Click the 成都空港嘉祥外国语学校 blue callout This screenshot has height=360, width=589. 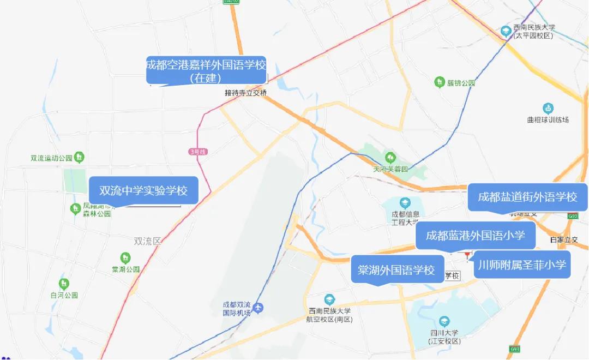point(207,71)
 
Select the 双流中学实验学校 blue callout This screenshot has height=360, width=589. point(143,191)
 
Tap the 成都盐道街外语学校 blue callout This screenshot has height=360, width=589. point(527,197)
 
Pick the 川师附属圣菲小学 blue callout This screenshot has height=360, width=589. point(522,265)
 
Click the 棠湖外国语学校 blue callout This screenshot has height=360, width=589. point(396,269)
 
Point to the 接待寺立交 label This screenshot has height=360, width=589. point(246,93)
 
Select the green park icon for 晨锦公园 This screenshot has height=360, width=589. point(439,82)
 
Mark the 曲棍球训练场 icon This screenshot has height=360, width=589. point(548,109)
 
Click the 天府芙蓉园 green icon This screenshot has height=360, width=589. point(389,158)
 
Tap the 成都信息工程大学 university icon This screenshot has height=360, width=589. point(405,203)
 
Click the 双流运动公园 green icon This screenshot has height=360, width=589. point(80,158)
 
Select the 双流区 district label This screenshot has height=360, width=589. point(148,241)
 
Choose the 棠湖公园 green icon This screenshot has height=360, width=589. point(125,257)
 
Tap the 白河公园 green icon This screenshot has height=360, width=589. point(64,284)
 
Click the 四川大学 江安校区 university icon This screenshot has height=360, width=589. point(444,321)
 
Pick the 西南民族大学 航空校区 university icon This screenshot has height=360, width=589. point(329,299)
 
